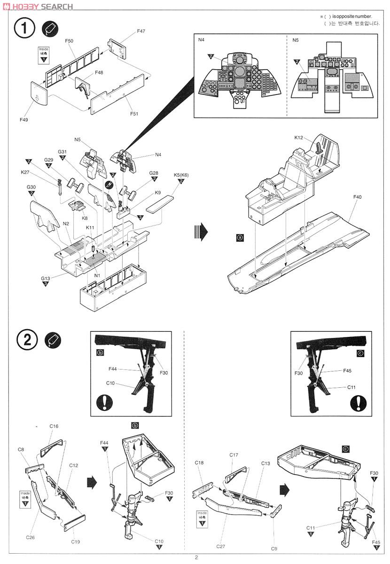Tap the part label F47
click(x=141, y=31)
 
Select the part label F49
click(x=24, y=120)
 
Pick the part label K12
click(x=299, y=138)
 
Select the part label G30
click(x=31, y=187)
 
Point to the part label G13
click(x=45, y=278)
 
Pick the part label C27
click(x=221, y=546)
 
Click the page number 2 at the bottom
click(x=196, y=558)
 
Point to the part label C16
click(x=54, y=426)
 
